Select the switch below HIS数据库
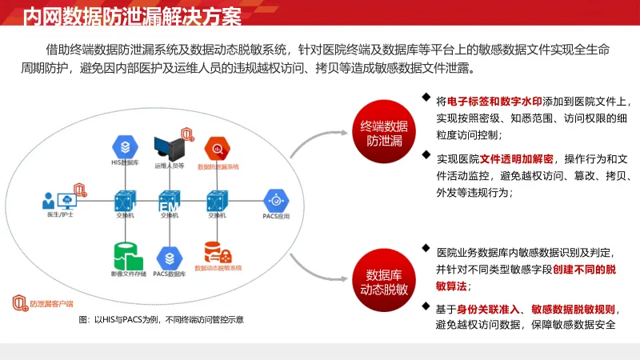point(124,199)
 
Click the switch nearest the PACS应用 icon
point(216,199)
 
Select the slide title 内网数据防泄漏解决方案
point(132,14)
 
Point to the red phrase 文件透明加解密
point(514,158)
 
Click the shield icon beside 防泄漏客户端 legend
point(19,303)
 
